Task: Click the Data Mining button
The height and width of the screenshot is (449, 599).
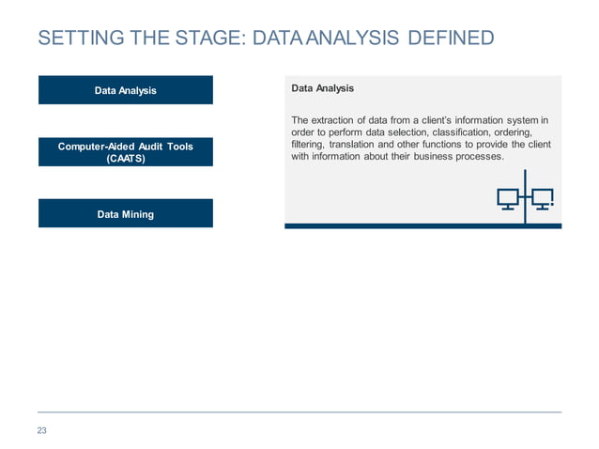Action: pyautogui.click(x=125, y=214)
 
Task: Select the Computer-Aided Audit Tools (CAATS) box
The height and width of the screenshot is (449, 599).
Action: pyautogui.click(x=125, y=152)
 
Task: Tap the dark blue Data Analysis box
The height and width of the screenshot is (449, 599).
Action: pyautogui.click(x=125, y=90)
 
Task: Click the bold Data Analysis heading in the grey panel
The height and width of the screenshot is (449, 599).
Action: pyautogui.click(x=322, y=88)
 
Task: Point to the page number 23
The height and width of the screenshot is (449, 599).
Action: pyautogui.click(x=41, y=430)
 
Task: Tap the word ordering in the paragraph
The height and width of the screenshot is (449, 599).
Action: pyautogui.click(x=513, y=132)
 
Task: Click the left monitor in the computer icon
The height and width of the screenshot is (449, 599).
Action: pyautogui.click(x=508, y=198)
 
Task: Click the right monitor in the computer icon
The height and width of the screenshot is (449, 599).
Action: pyautogui.click(x=542, y=198)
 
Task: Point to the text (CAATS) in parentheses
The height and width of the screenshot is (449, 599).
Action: pyautogui.click(x=125, y=159)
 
